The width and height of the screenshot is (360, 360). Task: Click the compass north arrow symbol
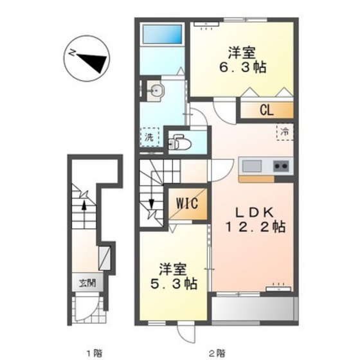[86, 58]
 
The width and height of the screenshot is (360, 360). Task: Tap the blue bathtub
[162, 34]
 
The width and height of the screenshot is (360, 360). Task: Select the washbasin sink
[156, 91]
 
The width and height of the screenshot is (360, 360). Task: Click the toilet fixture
[179, 142]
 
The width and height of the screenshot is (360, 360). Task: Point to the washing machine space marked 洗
[149, 137]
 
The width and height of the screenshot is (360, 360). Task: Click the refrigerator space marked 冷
[285, 132]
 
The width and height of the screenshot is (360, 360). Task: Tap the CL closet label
[267, 110]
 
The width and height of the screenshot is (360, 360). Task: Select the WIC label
[187, 203]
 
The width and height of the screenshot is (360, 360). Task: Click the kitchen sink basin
[252, 166]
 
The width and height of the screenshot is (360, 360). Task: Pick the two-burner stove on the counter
[282, 166]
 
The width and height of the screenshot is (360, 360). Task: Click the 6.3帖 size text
[243, 67]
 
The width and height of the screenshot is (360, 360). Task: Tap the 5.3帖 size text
[174, 283]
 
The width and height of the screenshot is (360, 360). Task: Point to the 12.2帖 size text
[256, 227]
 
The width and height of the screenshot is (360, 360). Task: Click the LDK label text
[255, 212]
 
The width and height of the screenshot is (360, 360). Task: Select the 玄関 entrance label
[87, 283]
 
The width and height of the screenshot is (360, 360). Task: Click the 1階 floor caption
[94, 352]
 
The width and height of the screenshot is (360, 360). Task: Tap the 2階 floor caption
[217, 352]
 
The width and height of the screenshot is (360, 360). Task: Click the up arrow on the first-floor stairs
[84, 214]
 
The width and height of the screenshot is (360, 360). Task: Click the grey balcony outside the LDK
[255, 309]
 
